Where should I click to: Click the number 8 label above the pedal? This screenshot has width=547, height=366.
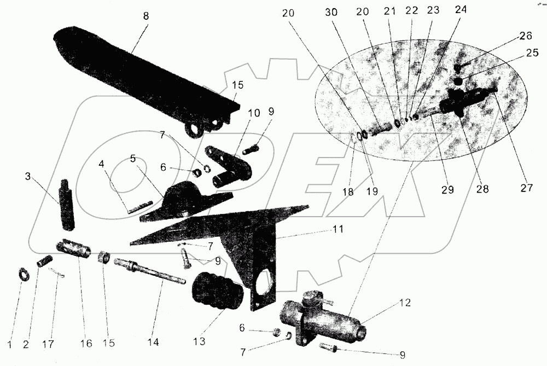point(146,16)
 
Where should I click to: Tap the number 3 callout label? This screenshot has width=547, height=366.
point(28,176)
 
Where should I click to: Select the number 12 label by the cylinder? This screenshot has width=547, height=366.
point(405,303)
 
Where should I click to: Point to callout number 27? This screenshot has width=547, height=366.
point(526,188)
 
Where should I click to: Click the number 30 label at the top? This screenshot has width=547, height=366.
point(331,12)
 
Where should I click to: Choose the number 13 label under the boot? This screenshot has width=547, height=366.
point(199,341)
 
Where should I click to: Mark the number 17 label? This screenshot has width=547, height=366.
point(48,344)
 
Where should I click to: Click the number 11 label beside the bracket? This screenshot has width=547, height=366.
point(337,229)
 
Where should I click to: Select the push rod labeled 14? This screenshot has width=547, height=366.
point(150,271)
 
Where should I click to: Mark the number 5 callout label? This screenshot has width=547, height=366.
point(133,159)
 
